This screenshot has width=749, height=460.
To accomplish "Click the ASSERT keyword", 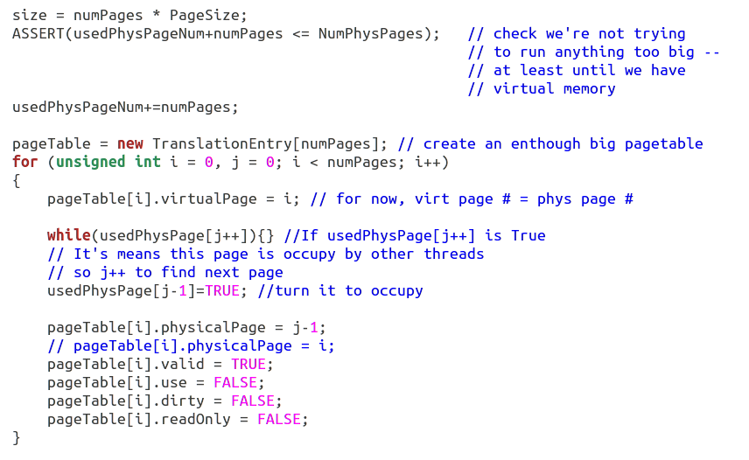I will point(38,33).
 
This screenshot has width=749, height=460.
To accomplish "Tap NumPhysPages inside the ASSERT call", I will point(370,33).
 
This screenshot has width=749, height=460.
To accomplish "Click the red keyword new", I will point(130,143).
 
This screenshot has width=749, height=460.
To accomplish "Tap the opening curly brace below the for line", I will point(17,180).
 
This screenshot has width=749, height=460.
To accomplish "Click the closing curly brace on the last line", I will point(17,437).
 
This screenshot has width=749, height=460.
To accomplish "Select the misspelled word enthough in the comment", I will point(546,143).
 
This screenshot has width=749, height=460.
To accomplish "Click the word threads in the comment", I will point(454,254).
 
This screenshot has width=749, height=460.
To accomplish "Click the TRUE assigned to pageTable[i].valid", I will point(248,364).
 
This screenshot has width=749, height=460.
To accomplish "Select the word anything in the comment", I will point(590,52).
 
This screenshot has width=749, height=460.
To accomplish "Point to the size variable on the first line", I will point(30,15).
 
